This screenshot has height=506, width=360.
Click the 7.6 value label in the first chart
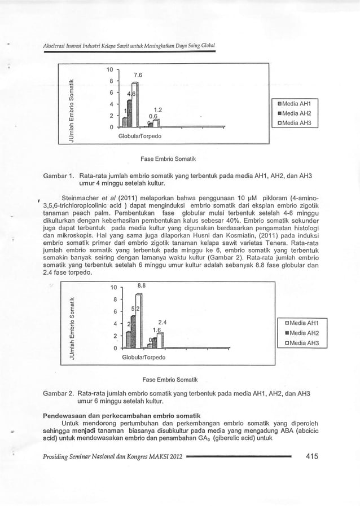pos(138,75)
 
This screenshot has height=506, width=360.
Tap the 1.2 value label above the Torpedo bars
pos(158,110)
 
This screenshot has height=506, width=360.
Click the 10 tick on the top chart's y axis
pos(110,70)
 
